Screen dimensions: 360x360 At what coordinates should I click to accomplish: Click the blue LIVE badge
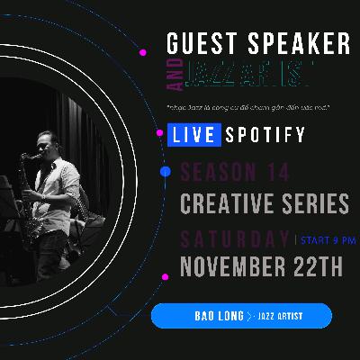click(x=191, y=136)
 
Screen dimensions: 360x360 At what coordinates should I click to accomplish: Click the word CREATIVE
click(x=227, y=203)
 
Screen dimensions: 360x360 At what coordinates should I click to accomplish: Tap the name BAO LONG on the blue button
click(x=219, y=316)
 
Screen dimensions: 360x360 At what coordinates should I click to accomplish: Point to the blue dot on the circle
click(x=164, y=171)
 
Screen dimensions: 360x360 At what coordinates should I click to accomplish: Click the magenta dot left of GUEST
click(x=144, y=52)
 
